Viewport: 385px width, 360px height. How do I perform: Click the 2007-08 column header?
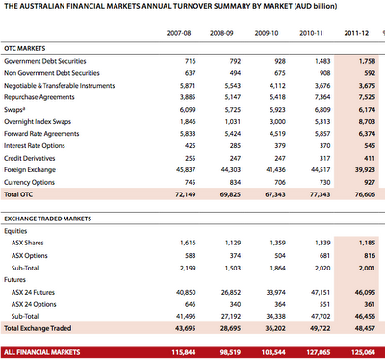[179, 33]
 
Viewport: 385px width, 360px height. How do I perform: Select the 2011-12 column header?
[356, 33]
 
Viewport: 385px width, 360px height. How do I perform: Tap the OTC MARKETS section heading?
[25, 48]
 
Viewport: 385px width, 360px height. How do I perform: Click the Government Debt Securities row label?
[45, 61]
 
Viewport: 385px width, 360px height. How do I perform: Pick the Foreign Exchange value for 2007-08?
[186, 170]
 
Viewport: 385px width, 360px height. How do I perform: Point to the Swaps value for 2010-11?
[322, 110]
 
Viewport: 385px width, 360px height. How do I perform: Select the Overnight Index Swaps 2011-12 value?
[367, 121]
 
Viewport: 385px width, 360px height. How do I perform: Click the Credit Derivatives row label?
[30, 158]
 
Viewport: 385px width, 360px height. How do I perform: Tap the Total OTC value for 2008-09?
[230, 194]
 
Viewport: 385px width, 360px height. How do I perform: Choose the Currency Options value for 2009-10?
[280, 182]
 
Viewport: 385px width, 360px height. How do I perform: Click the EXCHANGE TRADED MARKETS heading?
[48, 219]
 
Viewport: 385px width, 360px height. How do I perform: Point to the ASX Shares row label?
[28, 243]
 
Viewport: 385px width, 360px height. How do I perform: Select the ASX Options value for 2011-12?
[370, 256]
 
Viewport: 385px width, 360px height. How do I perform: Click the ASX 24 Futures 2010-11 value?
[321, 293]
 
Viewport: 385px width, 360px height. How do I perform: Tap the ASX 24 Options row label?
[34, 304]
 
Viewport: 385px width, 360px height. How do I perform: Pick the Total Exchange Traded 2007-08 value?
[186, 328]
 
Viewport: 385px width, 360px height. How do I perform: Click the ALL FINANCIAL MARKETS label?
[42, 352]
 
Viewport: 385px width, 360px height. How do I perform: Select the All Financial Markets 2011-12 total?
[363, 352]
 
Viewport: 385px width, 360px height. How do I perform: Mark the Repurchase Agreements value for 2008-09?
[233, 97]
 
